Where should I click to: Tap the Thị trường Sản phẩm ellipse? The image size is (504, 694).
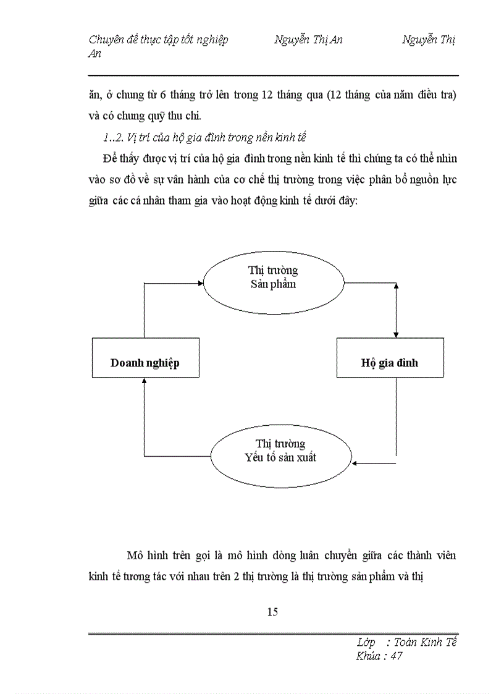click(x=273, y=277)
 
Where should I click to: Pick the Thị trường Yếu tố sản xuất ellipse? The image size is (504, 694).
click(x=280, y=451)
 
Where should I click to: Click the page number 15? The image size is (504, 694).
click(x=272, y=612)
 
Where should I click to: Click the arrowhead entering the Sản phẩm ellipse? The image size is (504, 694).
click(x=201, y=283)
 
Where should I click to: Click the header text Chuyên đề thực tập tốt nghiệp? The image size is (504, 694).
click(x=158, y=40)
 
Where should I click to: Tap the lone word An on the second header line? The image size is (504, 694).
click(x=95, y=54)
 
